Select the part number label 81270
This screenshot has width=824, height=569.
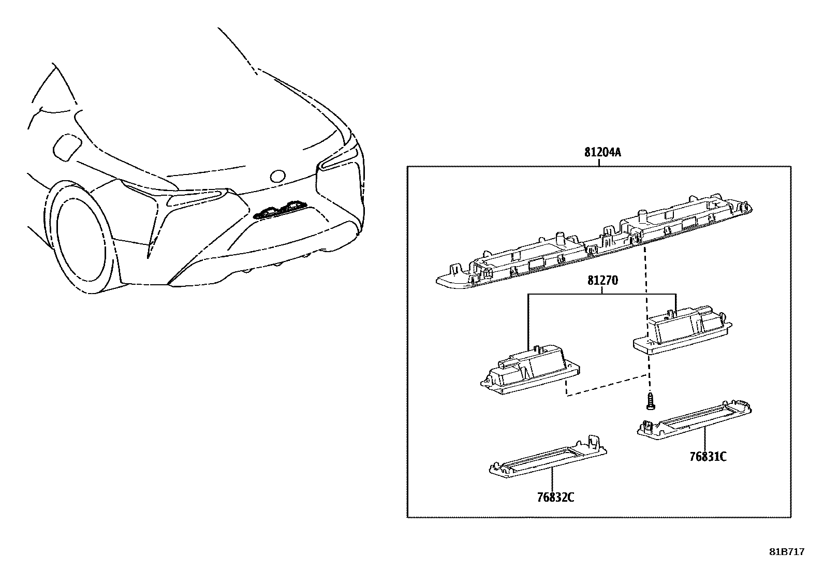[602, 281]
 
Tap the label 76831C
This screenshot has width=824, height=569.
[708, 457]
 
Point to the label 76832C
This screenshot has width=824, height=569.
[555, 498]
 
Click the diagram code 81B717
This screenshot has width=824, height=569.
[786, 552]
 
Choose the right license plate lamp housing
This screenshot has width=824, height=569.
[684, 331]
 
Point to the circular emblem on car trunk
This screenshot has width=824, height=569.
[278, 176]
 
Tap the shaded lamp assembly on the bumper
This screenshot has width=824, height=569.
[281, 209]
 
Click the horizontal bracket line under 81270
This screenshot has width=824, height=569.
[602, 295]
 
